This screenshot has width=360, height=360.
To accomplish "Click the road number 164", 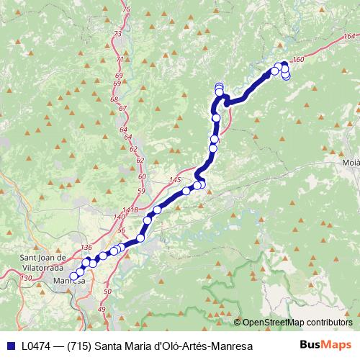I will click(x=350, y=37).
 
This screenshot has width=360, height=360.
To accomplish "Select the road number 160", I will click(x=300, y=60).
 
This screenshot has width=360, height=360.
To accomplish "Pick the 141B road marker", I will click(x=130, y=210).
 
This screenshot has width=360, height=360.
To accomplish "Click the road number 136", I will click(x=87, y=248).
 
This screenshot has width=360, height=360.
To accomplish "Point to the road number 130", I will click(x=27, y=278).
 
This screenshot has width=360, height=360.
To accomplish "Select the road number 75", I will click(x=127, y=9).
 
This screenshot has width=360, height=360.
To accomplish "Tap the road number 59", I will click(x=141, y=191).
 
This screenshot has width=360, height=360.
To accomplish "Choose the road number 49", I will click(x=102, y=309).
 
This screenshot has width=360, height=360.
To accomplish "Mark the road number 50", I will click(x=107, y=291).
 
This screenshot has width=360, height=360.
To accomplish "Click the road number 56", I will click(x=121, y=230).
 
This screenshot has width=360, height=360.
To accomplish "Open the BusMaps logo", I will click(x=325, y=346).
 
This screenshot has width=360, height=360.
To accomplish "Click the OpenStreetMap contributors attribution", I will click(x=297, y=323).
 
